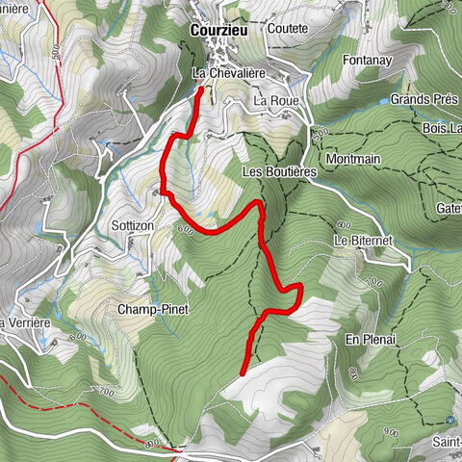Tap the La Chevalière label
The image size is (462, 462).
pos(228,73)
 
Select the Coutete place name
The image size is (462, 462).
pos(287,28)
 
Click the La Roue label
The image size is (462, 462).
pos(276,100)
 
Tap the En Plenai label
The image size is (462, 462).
pos(371,340)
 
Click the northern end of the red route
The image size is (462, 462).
pos(200,89)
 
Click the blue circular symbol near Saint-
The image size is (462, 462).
pos(450,421)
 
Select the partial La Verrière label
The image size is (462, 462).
pos(24,322)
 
